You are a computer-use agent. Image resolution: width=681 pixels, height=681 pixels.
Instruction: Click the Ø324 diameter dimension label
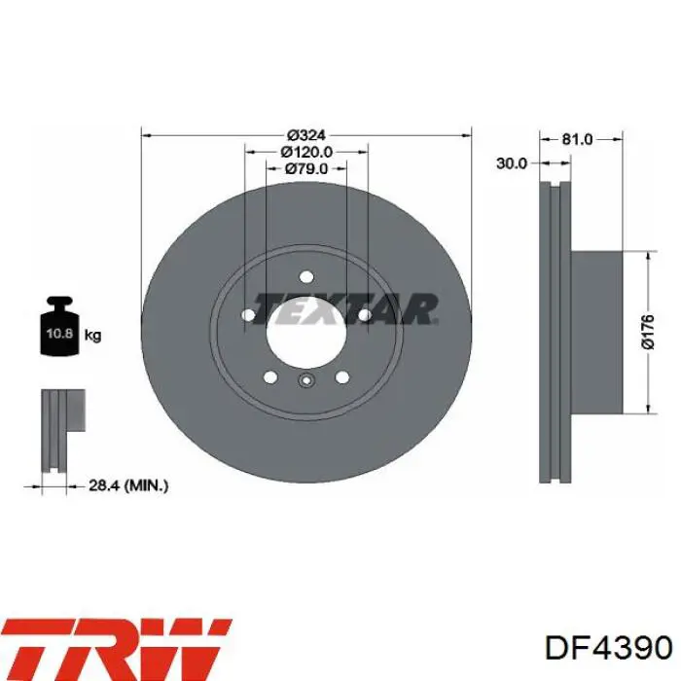coord(306,135)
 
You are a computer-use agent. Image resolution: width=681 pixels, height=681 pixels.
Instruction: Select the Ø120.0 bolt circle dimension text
coord(306,152)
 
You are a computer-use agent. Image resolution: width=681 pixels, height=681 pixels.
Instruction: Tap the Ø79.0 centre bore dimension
coord(306,168)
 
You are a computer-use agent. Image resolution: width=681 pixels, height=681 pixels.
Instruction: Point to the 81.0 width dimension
coord(577,139)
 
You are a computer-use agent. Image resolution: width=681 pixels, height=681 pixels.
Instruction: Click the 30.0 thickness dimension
coord(511,163)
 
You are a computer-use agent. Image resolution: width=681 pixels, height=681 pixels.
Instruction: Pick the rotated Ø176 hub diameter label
coord(647,333)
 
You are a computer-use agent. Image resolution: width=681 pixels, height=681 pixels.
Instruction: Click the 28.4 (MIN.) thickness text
coord(128,485)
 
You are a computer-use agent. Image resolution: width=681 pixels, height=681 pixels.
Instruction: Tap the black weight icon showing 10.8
coord(59,326)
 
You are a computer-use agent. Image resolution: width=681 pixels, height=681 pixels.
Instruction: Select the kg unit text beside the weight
coord(92,335)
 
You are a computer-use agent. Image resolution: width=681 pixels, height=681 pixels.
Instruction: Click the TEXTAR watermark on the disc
coord(344,309)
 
